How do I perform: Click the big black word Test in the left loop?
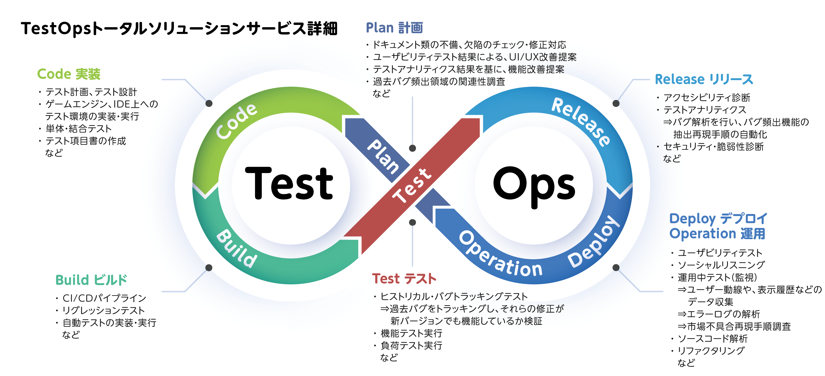point(289,184)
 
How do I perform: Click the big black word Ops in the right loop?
point(534,186)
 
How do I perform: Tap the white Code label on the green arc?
point(236,121)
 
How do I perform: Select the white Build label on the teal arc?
point(237,248)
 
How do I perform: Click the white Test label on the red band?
point(412,185)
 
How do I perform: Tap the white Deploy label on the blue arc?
point(594,242)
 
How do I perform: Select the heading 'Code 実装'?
point(69,74)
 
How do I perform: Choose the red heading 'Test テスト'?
point(404,279)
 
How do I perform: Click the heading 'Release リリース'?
point(704,79)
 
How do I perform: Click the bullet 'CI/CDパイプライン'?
point(104,298)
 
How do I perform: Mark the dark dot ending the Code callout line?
point(209,103)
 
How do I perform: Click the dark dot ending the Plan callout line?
point(412,148)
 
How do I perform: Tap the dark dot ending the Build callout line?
point(209,267)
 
